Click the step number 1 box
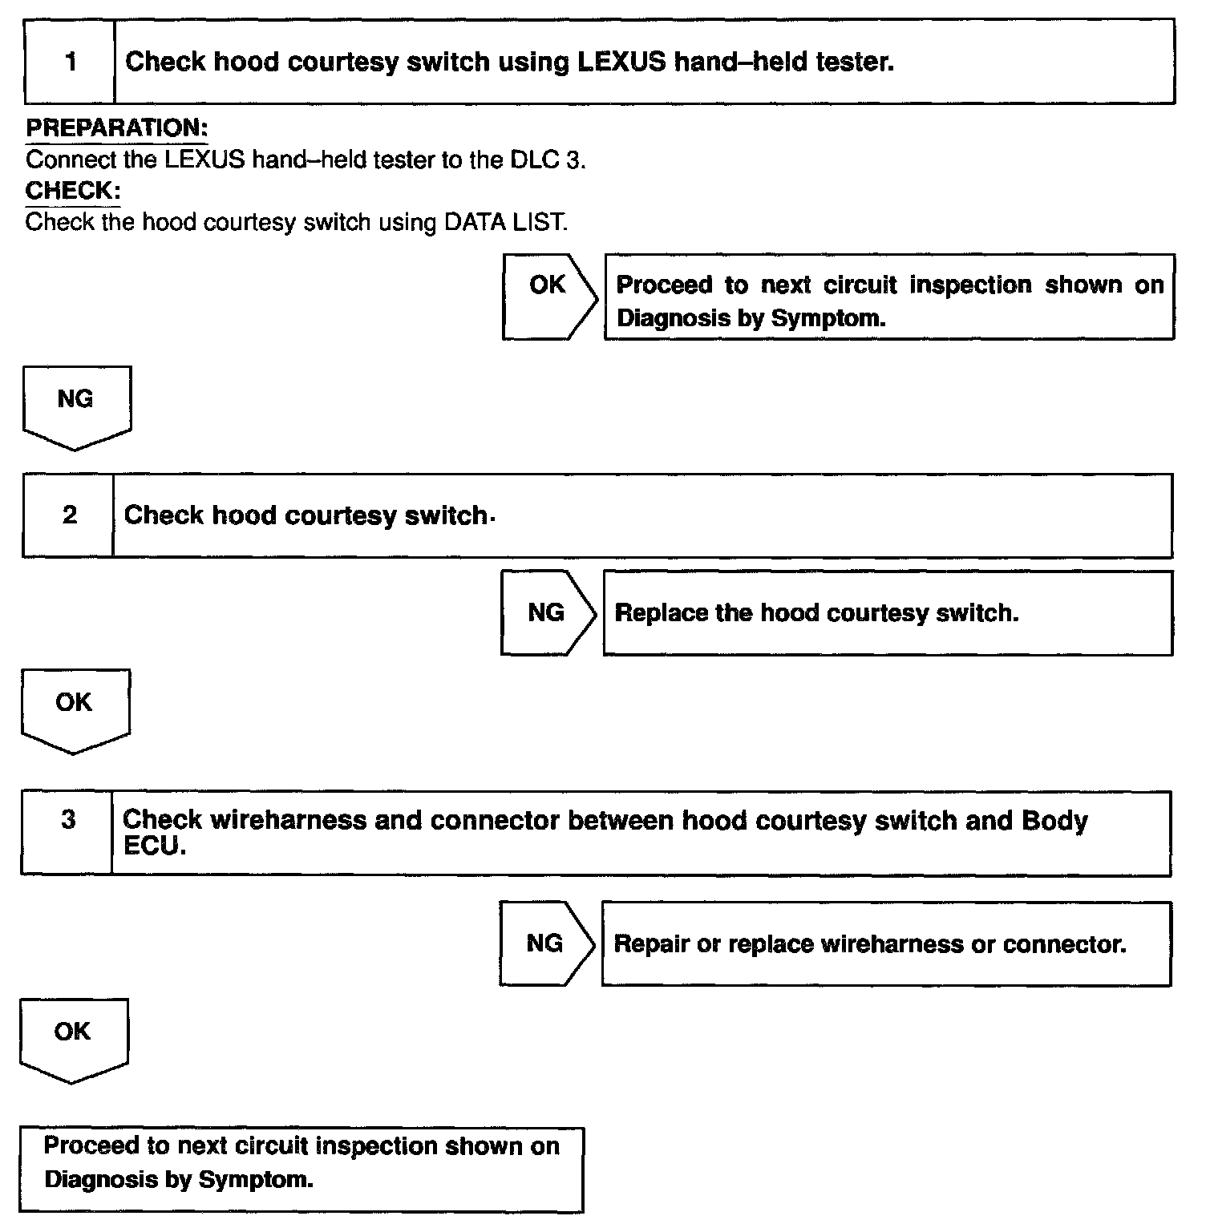[71, 62]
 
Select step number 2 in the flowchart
[69, 515]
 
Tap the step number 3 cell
[68, 820]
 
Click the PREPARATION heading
[117, 128]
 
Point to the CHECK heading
[73, 191]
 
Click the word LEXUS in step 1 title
[621, 62]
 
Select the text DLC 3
[546, 160]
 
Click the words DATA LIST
[505, 222]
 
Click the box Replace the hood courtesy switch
[888, 613]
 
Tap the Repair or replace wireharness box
[886, 943]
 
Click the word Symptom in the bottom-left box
[256, 1179]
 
